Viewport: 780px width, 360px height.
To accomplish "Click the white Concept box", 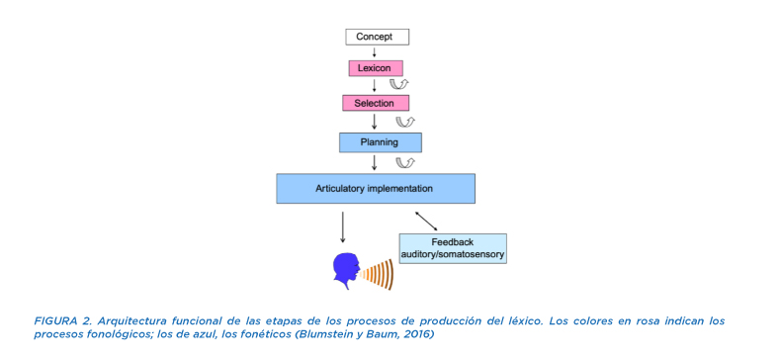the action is point(377,37).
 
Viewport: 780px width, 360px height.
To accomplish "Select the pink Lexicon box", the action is point(375,68).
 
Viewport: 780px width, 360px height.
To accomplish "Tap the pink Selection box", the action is point(376,103).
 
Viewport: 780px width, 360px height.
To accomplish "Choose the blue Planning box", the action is point(381,142).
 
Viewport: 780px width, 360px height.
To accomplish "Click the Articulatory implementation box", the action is point(376,189).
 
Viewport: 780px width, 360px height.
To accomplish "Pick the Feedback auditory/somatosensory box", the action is point(453,248).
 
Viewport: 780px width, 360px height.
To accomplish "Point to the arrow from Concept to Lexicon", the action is point(375,52).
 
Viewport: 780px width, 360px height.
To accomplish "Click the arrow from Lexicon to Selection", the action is point(375,85).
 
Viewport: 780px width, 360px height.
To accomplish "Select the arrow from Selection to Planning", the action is point(375,122).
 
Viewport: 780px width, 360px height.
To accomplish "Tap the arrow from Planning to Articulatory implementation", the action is point(375,162).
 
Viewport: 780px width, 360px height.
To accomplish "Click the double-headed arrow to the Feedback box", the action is point(430,221).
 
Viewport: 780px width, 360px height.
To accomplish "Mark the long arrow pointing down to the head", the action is point(342,227).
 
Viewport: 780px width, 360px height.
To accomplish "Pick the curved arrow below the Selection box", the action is point(405,122).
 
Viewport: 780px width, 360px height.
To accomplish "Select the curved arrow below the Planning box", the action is point(405,163).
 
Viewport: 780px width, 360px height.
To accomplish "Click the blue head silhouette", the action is point(345,270).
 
